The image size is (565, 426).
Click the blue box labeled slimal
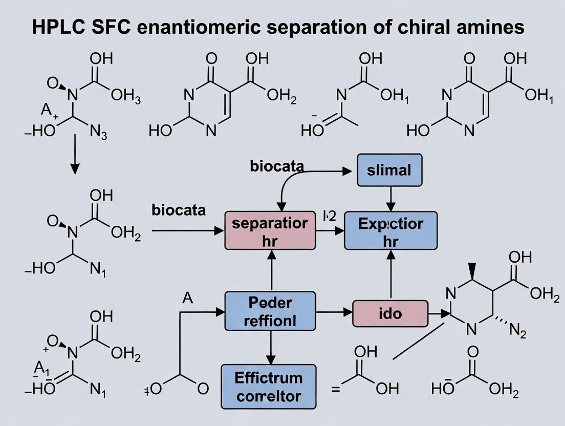(389, 170)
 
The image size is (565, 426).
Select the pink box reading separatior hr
(270, 230)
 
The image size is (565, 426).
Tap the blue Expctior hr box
(390, 230)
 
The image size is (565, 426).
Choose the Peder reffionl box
(270, 311)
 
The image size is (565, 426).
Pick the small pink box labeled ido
(390, 313)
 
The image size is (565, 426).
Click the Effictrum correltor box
(269, 387)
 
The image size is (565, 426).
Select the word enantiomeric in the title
(194, 27)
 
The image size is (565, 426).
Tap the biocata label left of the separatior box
(179, 210)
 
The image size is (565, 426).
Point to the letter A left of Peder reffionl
(188, 299)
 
